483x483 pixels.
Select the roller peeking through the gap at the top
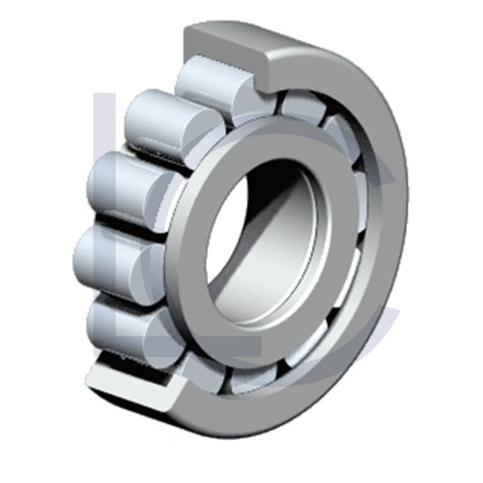(302, 106)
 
